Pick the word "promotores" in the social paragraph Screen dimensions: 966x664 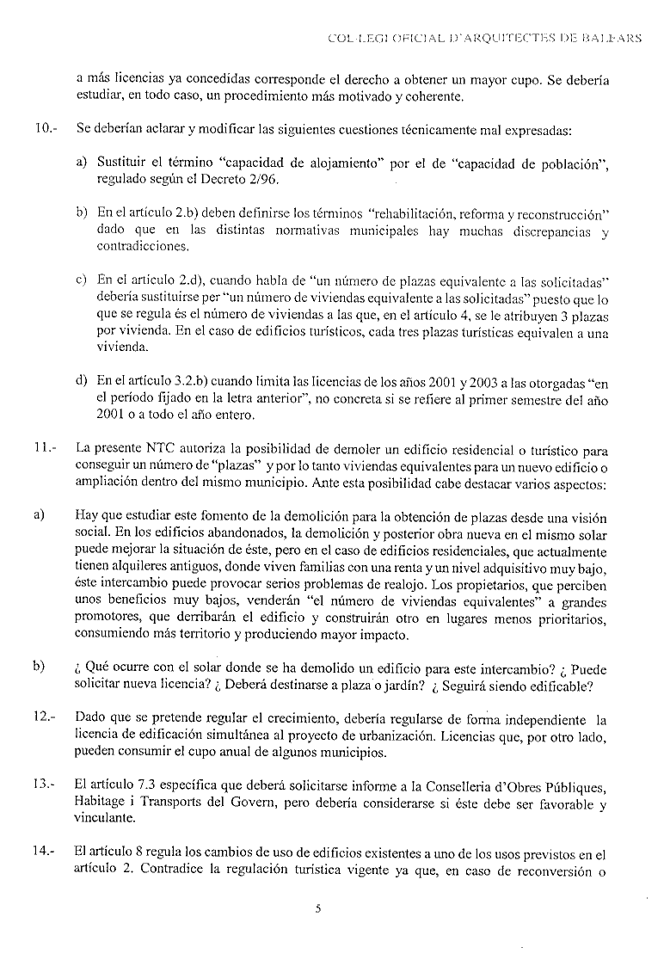(x=107, y=619)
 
